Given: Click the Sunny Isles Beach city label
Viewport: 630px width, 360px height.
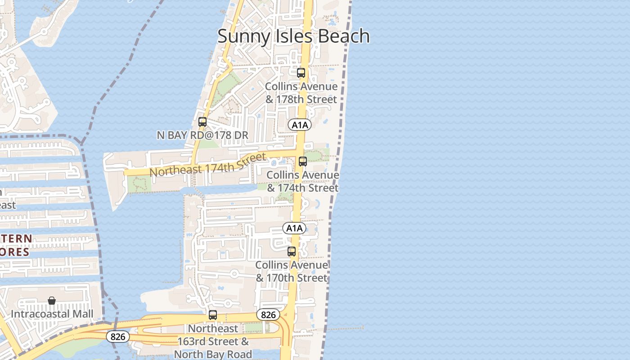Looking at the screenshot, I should (293, 36).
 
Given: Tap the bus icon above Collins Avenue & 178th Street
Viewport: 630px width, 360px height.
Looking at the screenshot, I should (301, 72).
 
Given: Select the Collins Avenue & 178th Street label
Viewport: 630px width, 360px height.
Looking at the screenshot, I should (301, 93).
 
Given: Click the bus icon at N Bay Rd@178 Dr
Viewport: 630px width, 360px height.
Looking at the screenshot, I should (202, 121).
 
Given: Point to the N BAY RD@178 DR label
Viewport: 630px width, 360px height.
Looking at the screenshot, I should (202, 135).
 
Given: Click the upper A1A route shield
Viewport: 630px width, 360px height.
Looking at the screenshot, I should (300, 125).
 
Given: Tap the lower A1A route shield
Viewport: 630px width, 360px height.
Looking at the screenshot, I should (294, 228).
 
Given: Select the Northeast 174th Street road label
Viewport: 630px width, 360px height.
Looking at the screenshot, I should (207, 165).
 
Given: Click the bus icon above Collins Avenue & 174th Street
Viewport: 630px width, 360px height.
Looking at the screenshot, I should (303, 161).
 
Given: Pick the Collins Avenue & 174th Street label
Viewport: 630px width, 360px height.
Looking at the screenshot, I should (303, 181).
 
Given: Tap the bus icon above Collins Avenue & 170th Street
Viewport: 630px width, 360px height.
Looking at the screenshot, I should (292, 251).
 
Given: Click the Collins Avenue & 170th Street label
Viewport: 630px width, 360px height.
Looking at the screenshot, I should (292, 271).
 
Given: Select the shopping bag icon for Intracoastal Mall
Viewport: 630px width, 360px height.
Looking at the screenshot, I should (52, 301).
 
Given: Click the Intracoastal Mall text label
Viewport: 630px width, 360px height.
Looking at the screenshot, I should (52, 314).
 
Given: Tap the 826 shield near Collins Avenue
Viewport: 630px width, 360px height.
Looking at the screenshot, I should (268, 315).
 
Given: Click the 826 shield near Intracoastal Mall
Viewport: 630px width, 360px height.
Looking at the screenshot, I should (118, 336).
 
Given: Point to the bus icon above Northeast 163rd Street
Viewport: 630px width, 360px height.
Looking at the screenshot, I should (213, 315).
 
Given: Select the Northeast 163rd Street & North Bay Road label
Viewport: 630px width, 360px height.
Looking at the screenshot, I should (213, 342).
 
